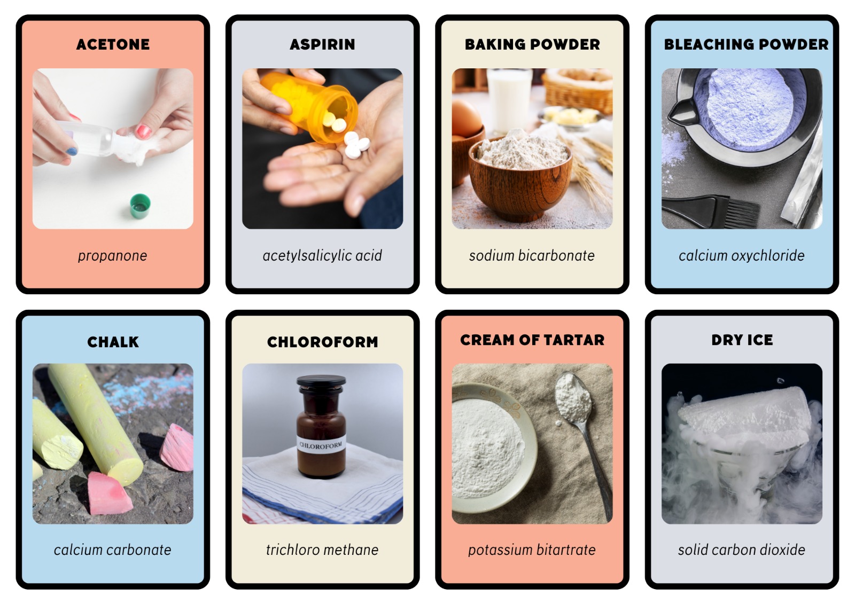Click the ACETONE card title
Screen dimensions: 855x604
point(113,44)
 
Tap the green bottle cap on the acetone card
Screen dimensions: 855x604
point(140,206)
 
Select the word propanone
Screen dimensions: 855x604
point(113,256)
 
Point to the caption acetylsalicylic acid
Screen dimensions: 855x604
point(323,256)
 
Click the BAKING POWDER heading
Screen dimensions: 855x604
point(532,44)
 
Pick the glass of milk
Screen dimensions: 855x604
point(510,100)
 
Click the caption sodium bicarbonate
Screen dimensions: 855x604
point(532,256)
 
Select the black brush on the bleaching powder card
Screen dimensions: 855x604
point(711,210)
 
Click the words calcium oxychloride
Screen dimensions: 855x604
point(742,256)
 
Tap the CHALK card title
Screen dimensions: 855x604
point(113,342)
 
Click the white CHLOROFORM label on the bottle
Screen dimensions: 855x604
point(321,444)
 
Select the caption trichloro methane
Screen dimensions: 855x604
point(323,550)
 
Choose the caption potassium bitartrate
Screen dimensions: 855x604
point(532,550)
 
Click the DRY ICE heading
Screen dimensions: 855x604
point(742,340)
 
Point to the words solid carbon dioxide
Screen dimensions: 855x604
point(742,550)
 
